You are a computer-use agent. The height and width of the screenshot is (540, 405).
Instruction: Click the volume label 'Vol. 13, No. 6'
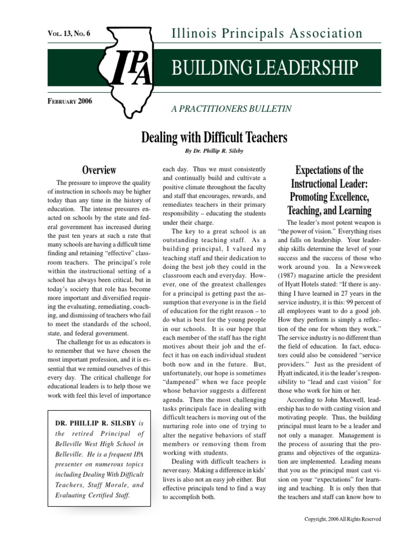69,33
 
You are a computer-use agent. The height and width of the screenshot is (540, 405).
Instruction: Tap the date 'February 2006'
70,101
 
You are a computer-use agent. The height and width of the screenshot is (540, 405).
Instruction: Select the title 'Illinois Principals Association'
267,34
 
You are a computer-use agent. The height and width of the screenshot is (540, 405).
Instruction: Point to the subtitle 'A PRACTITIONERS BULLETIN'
231,109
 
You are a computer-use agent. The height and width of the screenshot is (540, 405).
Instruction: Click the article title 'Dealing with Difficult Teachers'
214,138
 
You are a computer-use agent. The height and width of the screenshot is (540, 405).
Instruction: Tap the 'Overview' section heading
99,170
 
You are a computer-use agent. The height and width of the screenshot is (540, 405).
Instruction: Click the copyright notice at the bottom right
343,519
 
